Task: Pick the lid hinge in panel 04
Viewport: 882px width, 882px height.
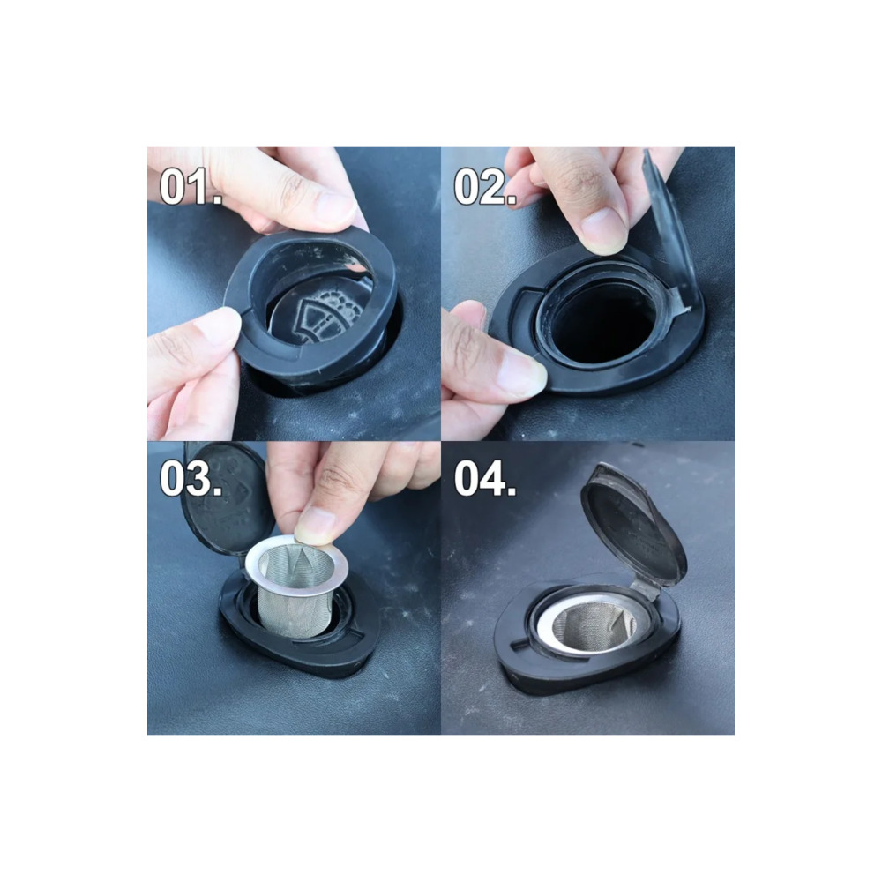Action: (646, 587)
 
